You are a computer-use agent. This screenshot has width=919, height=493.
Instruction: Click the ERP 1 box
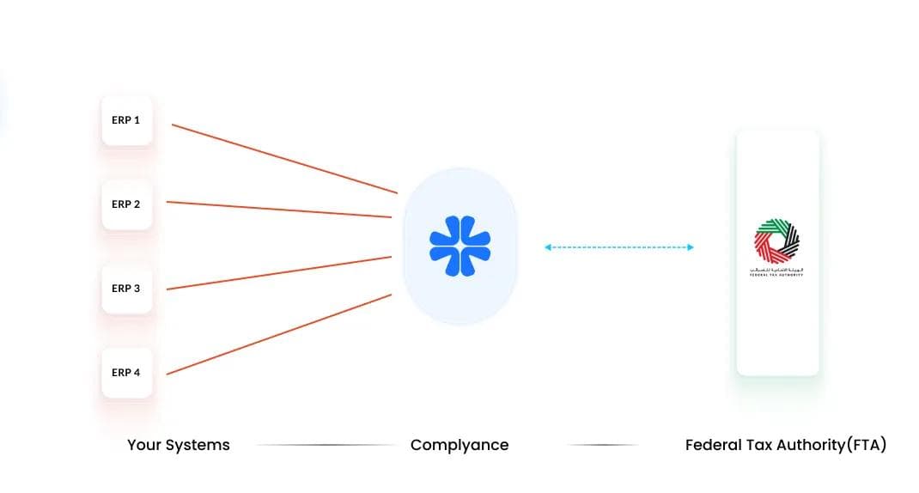click(x=126, y=120)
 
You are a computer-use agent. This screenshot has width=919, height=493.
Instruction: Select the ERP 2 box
click(x=126, y=204)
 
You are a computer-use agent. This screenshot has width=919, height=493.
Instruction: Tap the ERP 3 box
click(x=126, y=289)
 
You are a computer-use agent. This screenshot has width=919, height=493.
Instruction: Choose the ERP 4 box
click(x=126, y=373)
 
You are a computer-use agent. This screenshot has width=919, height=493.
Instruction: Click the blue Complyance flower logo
click(x=460, y=246)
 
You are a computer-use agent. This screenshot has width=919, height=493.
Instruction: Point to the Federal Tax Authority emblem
click(x=776, y=241)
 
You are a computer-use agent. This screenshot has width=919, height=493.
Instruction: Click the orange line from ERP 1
click(x=283, y=159)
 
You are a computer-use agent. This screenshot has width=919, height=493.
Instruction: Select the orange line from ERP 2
click(x=279, y=210)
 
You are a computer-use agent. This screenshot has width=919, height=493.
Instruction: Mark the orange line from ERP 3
click(x=279, y=272)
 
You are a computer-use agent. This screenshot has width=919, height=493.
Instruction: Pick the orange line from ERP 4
click(x=279, y=334)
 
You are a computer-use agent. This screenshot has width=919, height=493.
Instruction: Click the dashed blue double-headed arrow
click(x=618, y=247)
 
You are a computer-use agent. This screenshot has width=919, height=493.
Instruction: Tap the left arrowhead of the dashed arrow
click(x=547, y=247)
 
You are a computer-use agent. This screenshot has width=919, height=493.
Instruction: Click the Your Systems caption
click(x=179, y=445)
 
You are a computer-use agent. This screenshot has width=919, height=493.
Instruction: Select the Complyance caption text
click(x=459, y=445)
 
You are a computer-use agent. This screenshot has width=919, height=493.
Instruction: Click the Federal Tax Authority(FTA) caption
click(x=785, y=445)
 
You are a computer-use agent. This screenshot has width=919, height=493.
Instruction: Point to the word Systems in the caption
click(x=198, y=445)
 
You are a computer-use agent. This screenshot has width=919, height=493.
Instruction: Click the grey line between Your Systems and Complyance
click(x=326, y=445)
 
